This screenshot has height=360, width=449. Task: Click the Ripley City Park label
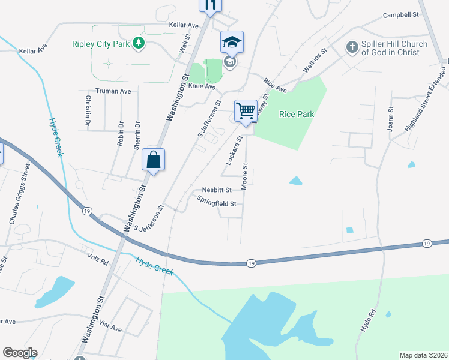[101, 43]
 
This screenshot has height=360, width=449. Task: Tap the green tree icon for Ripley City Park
[139, 43]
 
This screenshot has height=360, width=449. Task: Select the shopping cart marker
[246, 111]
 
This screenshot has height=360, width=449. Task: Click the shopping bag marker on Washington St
[153, 160]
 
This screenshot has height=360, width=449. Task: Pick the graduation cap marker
[232, 42]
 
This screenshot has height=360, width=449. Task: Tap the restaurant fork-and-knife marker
[210, 5]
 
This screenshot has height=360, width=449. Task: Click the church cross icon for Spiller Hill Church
[352, 47]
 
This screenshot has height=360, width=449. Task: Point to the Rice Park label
[297, 114]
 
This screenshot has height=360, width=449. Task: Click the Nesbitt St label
[217, 190]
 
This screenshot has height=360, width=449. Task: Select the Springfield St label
[217, 203]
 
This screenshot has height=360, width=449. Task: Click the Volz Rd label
[97, 262]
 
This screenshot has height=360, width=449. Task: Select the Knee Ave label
[202, 86]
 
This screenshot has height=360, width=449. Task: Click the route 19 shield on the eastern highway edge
[426, 243]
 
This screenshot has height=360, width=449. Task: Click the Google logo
[20, 353]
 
